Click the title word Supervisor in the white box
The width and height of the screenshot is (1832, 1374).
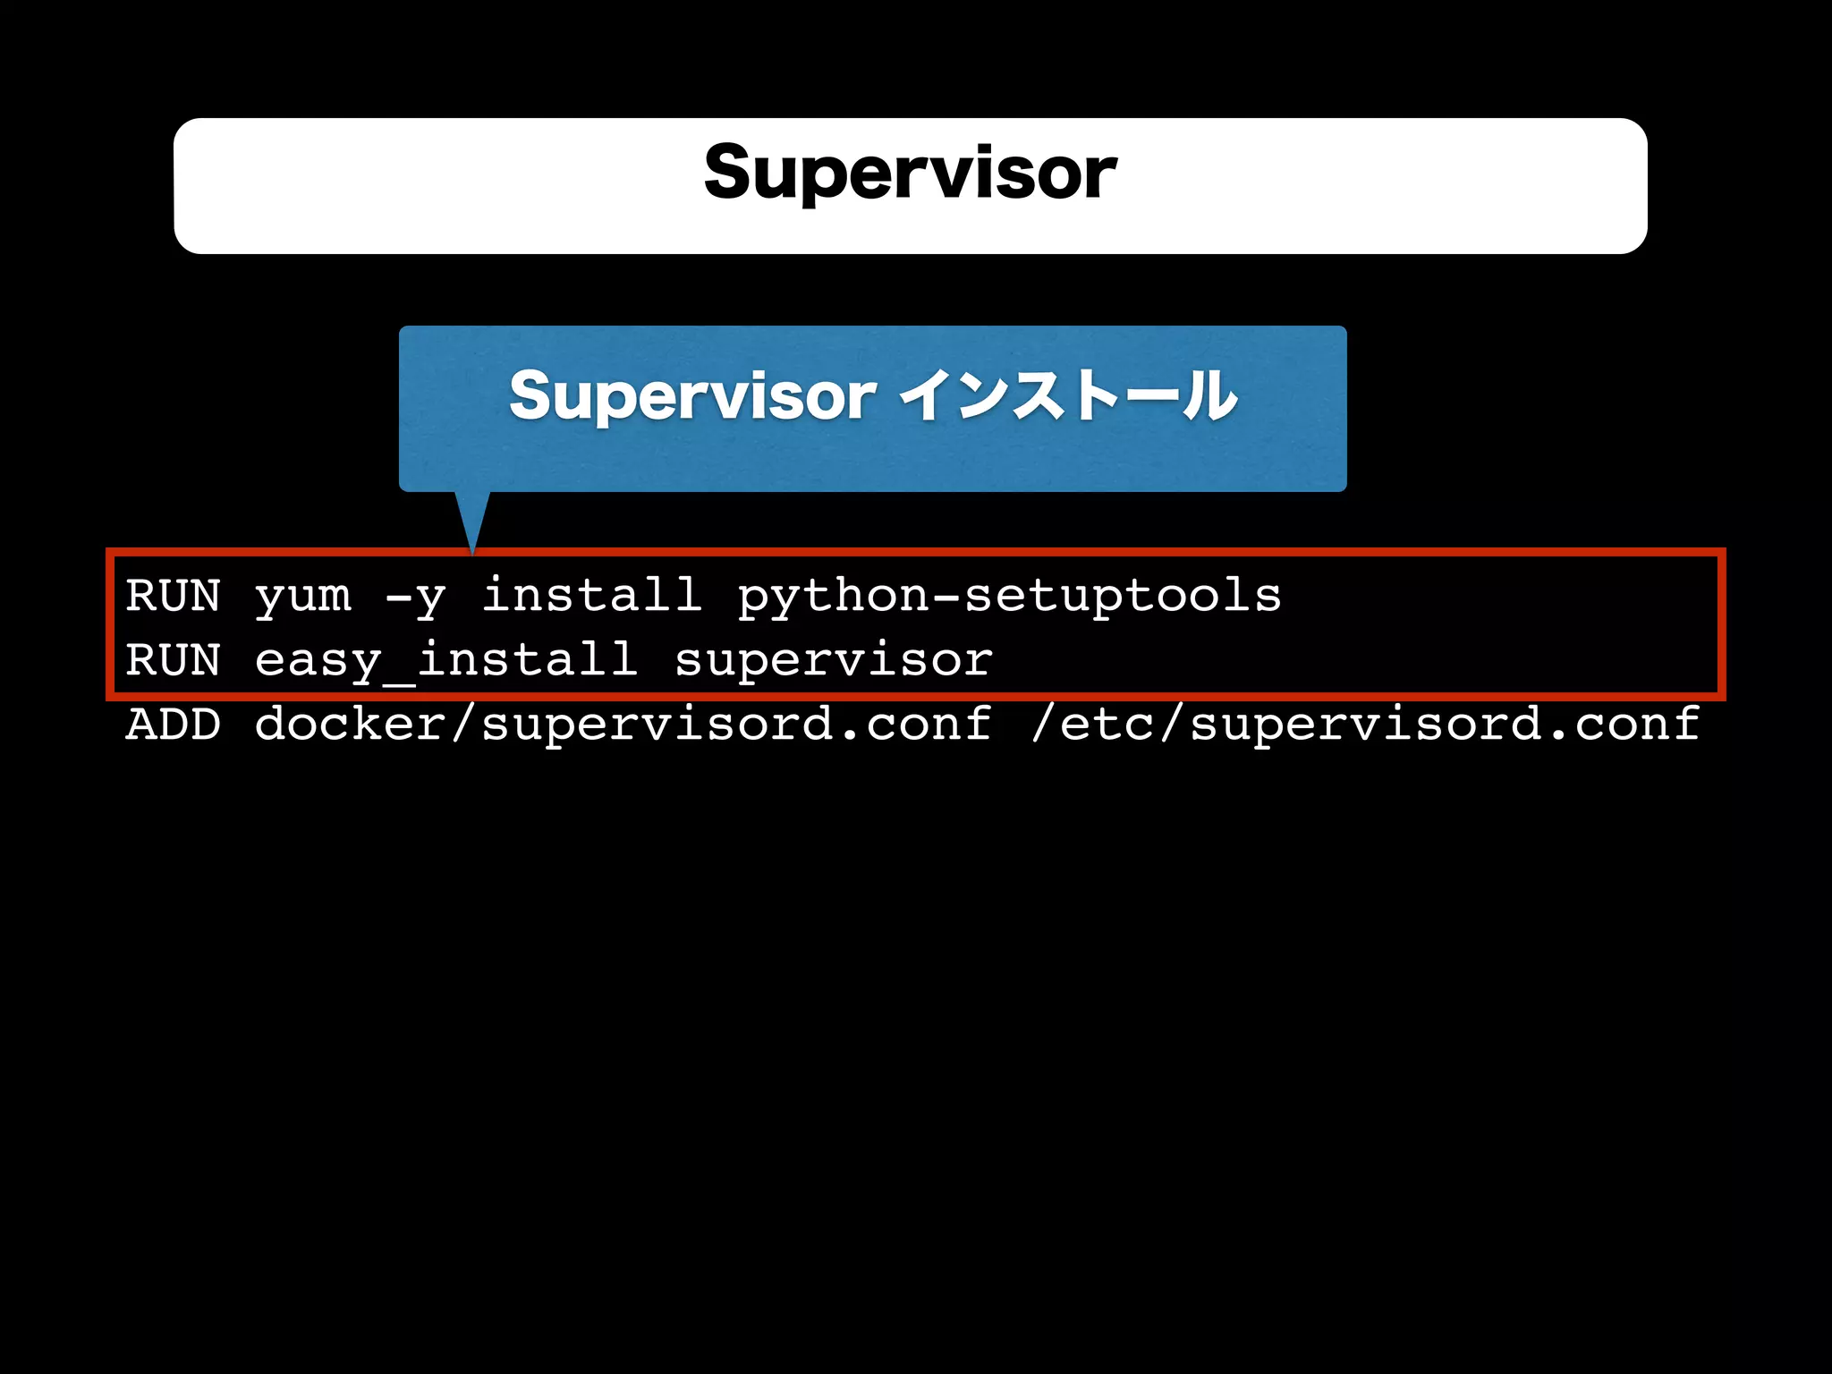tap(910, 173)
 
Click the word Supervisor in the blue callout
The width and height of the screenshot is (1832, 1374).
tap(692, 396)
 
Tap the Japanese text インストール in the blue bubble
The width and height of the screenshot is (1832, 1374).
tap(1068, 396)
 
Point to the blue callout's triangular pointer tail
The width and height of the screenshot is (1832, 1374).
tap(472, 519)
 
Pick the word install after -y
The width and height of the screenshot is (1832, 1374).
tap(591, 595)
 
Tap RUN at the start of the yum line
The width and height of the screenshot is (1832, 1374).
tap(173, 596)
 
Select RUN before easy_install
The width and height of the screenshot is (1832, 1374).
tap(173, 660)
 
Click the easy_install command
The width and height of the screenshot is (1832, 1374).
tap(445, 660)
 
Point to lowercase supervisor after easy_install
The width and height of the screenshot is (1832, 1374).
tap(833, 660)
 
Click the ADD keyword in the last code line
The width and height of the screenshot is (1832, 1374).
tap(173, 724)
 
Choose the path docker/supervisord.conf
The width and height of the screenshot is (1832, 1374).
tap(623, 724)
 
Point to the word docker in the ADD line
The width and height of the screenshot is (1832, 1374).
tap(350, 724)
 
